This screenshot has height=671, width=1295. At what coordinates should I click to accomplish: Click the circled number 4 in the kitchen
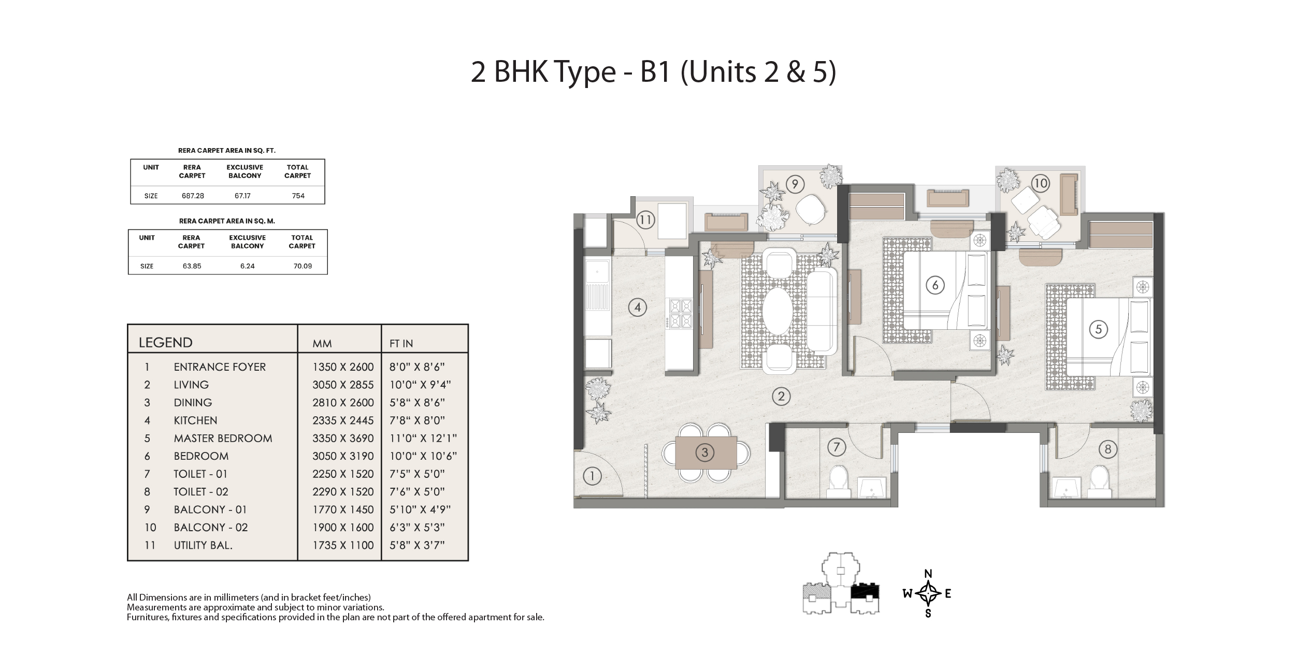point(637,308)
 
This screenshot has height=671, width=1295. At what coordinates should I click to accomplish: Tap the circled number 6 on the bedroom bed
point(935,285)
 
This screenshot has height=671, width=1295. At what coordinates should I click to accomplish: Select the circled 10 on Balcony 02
point(1040,183)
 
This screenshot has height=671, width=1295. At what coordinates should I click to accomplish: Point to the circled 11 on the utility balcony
point(645,220)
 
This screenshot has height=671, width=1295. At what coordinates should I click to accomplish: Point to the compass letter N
point(928,573)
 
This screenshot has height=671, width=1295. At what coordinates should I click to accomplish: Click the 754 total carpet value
point(298,196)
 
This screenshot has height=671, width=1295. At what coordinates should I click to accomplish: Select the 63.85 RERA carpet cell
point(192,266)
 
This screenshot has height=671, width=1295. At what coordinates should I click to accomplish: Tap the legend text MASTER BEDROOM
point(223,438)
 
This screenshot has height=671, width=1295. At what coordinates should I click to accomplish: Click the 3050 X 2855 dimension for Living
point(343,385)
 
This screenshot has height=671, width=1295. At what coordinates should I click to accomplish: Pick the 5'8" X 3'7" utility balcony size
point(417,545)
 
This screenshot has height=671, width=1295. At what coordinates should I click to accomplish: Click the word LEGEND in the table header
point(165,342)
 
